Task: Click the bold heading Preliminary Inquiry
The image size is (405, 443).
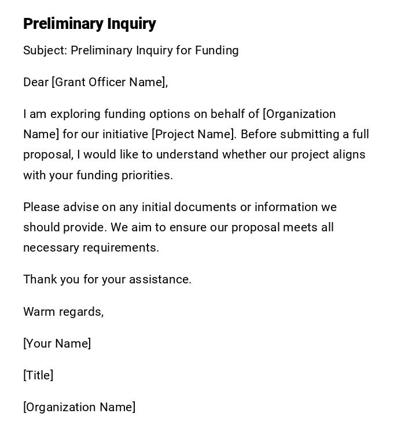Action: [90, 24]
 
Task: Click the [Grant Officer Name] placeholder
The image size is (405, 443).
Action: [109, 82]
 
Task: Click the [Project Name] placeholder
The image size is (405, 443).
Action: [194, 134]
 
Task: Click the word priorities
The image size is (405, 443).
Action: [147, 175]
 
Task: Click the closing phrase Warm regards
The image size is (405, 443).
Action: [63, 312]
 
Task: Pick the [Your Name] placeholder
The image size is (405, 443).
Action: [57, 344]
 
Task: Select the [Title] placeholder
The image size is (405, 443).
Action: [38, 375]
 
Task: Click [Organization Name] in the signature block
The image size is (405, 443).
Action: [79, 407]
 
